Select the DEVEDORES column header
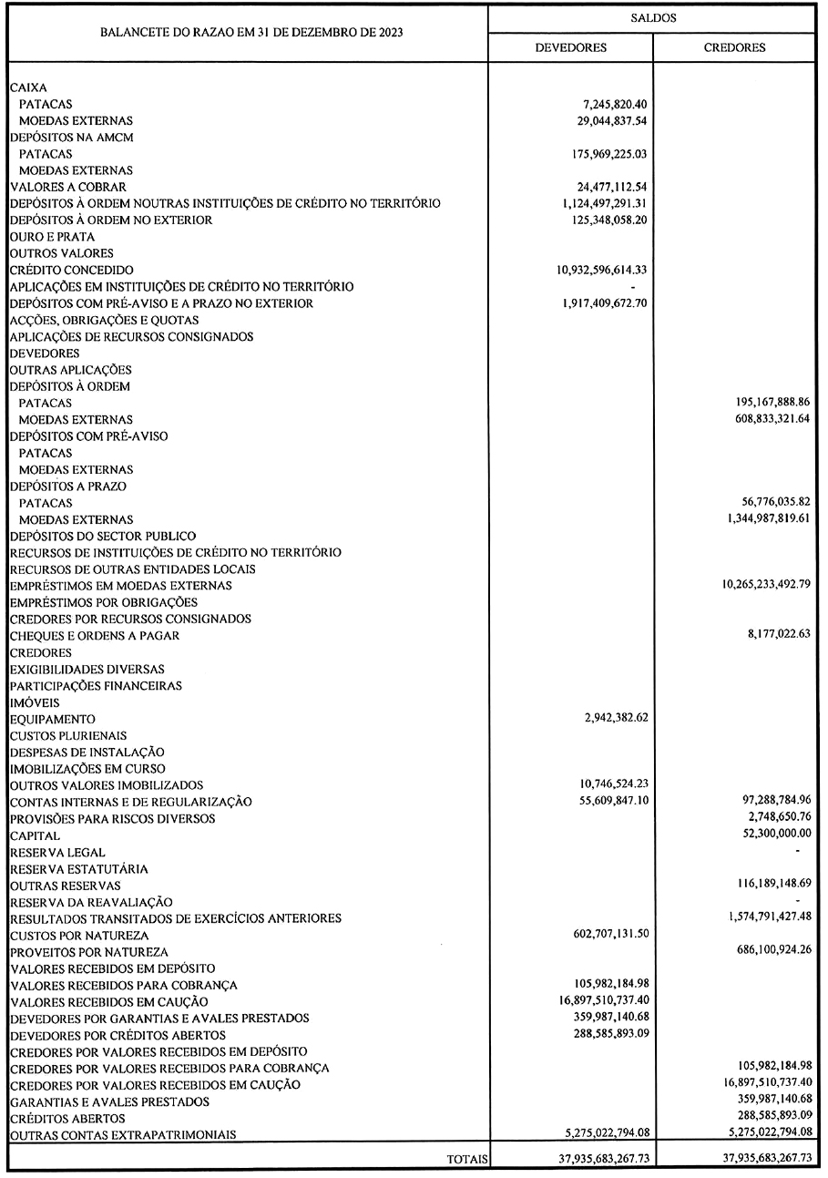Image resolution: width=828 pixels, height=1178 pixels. pos(570,47)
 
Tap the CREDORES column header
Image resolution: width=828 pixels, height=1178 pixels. pos(734,47)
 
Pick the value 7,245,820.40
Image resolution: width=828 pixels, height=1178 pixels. pos(609,105)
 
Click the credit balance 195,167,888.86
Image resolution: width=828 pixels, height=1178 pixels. pos(764,403)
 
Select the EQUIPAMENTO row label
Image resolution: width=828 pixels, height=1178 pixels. pos(52,719)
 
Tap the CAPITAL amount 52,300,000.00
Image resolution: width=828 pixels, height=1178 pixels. pos(768,835)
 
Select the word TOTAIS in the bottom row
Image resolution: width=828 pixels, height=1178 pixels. pos(467,1160)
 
